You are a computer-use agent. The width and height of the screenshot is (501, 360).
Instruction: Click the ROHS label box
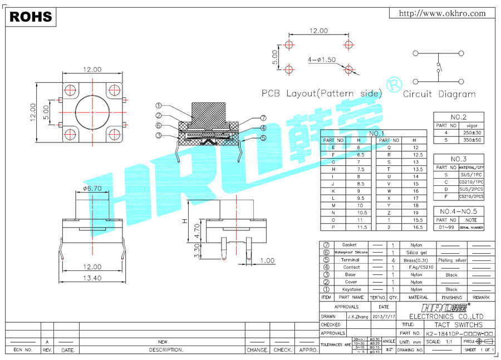tap(31, 17)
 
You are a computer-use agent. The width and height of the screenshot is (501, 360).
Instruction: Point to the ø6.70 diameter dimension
tap(92, 188)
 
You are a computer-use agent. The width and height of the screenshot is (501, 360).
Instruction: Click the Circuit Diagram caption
tap(439, 94)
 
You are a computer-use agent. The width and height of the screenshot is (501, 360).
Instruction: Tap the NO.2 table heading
tap(459, 117)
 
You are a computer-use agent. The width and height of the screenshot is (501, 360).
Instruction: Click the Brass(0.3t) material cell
tap(416, 260)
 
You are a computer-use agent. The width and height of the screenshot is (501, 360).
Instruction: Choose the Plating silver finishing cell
tap(451, 260)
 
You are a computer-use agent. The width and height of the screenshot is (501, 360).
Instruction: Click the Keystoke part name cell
tap(351, 289)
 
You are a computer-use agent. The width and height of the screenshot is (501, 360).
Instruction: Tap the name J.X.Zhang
tap(352, 316)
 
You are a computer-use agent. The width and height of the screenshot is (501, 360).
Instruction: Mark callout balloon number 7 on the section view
tap(263, 118)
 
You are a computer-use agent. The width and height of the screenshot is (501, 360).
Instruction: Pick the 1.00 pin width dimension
tap(267, 260)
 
